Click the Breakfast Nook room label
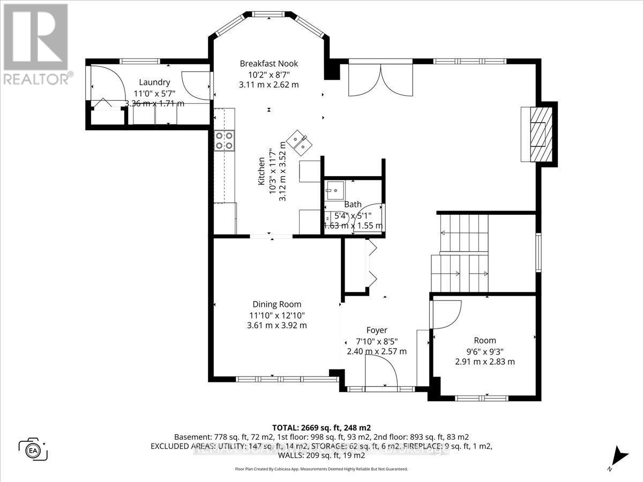pos(268,64)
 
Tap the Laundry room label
pos(154,82)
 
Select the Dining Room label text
pos(276,304)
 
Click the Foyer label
pos(377,330)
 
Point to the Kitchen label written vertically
pos(261,171)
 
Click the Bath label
pos(353,205)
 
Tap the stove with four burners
pos(224,140)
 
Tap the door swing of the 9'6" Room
pos(446,314)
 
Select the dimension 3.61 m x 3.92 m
pos(276,325)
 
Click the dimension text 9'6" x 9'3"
pos(484,351)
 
